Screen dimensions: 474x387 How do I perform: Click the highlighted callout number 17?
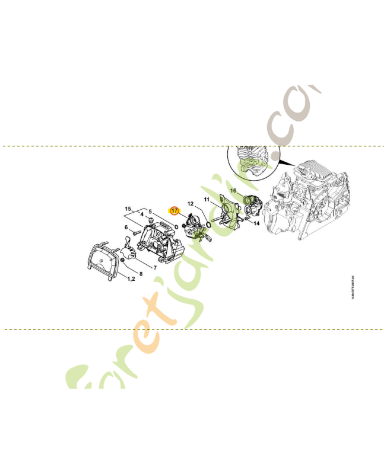click(175, 210)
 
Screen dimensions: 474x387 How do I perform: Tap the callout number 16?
click(233, 191)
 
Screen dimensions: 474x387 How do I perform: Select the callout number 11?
click(207, 200)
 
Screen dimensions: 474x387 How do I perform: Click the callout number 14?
click(256, 223)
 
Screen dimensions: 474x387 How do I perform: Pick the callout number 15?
click(127, 209)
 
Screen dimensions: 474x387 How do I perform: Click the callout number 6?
click(126, 227)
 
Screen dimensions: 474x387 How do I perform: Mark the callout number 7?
click(155, 267)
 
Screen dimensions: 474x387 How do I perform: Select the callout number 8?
click(141, 274)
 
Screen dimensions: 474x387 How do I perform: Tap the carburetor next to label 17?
click(194, 228)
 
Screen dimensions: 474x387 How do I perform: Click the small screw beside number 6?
click(136, 233)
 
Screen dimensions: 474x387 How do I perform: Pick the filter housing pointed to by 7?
click(157, 241)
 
